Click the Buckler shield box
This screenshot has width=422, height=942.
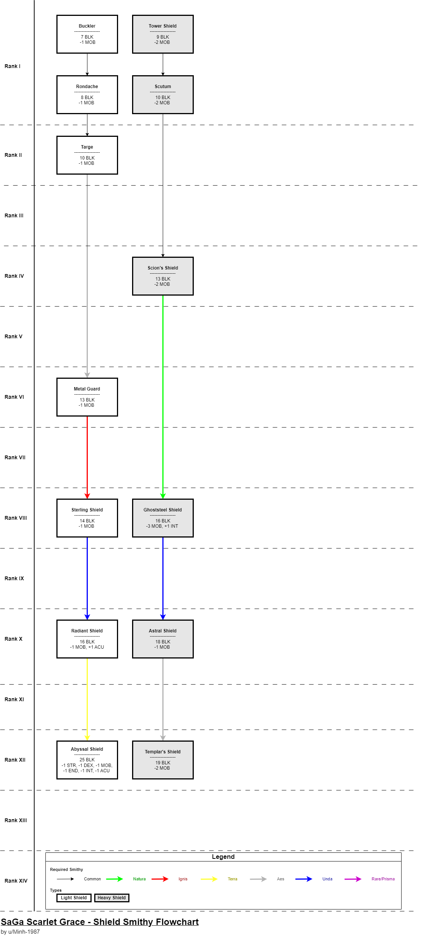pyautogui.click(x=87, y=34)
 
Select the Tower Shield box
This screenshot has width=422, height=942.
pyautogui.click(x=163, y=34)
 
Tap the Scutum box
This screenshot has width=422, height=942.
pyautogui.click(x=163, y=95)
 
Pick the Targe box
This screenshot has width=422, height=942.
pyautogui.click(x=87, y=155)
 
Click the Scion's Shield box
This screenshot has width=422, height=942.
pyautogui.click(x=163, y=276)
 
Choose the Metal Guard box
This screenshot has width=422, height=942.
pyautogui.click(x=87, y=397)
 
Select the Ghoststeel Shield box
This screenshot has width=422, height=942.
pyautogui.click(x=163, y=518)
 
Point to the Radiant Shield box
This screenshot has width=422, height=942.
pyautogui.click(x=87, y=639)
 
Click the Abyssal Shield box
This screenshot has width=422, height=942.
pyautogui.click(x=87, y=760)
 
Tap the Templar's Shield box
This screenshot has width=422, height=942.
pyautogui.click(x=163, y=760)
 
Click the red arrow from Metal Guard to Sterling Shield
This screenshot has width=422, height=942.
pyautogui.click(x=87, y=457)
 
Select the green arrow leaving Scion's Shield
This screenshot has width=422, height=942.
pyautogui.click(x=163, y=397)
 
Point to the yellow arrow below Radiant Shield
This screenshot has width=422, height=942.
pyautogui.click(x=87, y=699)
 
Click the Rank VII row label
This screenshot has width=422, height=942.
pyautogui.click(x=15, y=457)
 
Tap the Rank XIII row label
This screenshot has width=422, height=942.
pyautogui.click(x=16, y=820)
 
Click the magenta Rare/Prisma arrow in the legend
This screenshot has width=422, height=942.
pyautogui.click(x=353, y=879)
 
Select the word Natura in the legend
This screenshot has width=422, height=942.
pyautogui.click(x=139, y=879)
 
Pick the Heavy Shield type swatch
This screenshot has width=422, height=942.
pyautogui.click(x=112, y=898)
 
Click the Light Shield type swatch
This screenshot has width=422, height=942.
pyautogui.click(x=74, y=898)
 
